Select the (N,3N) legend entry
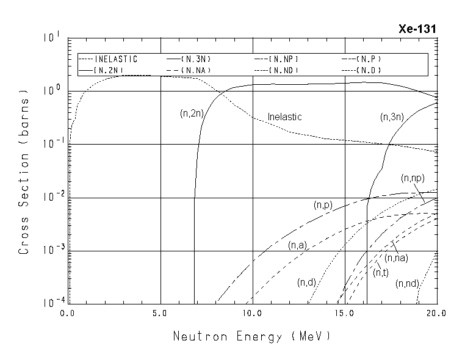(200, 59)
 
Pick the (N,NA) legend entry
(200, 70)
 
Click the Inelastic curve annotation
(285, 117)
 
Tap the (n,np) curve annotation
(413, 178)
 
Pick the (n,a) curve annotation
(297, 245)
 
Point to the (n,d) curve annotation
(306, 282)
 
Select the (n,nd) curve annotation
(406, 284)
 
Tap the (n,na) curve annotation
(396, 257)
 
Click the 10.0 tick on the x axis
(253, 313)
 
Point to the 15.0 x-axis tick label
(345, 313)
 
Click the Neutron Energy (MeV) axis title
(252, 336)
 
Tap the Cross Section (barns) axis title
(24, 172)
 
